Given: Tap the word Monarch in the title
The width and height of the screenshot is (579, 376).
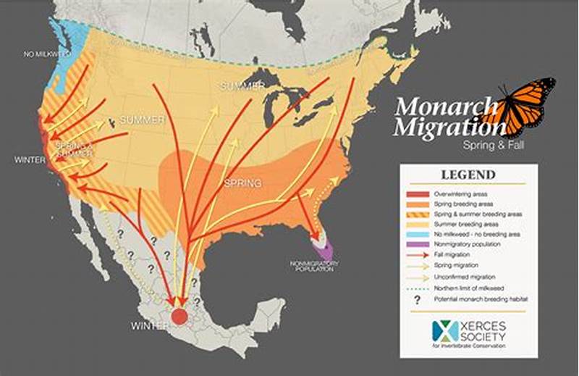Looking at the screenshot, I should point(442,107).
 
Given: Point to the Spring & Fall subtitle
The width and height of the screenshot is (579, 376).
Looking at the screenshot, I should point(489,145).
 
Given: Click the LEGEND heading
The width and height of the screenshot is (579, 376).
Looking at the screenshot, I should point(468,175).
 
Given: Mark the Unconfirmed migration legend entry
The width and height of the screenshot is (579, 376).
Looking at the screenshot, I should point(463,277).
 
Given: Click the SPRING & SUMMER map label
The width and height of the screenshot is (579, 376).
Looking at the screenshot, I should point(73,149).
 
